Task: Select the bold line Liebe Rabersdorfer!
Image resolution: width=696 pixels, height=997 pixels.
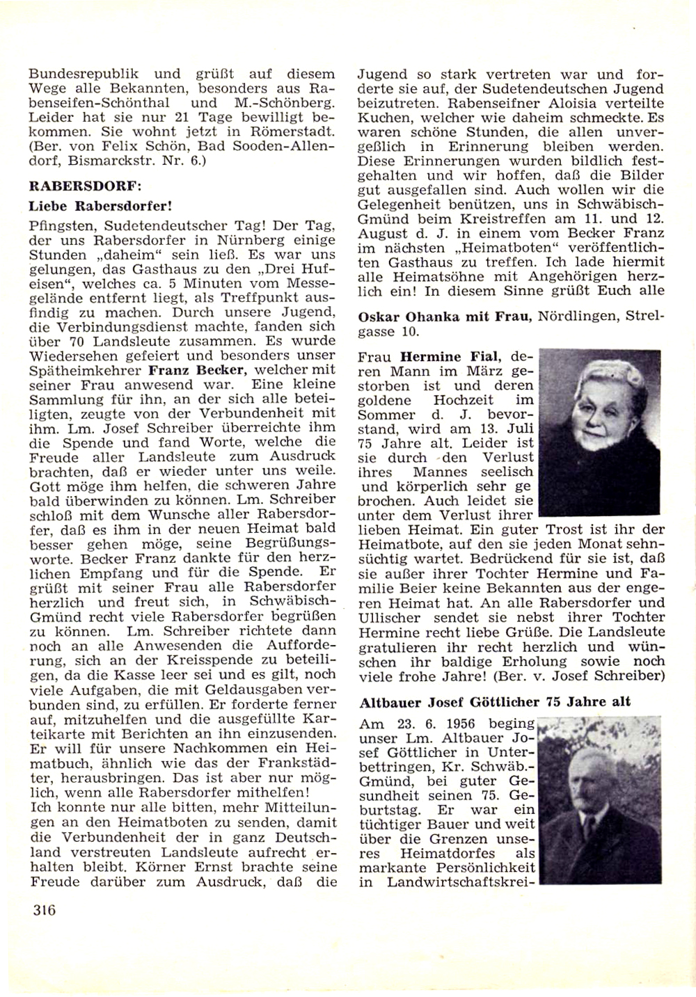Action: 100,206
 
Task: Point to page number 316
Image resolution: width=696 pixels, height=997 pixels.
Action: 43,909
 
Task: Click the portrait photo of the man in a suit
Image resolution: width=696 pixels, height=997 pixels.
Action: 599,801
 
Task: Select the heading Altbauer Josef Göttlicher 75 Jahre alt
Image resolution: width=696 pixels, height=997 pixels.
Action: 495,701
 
